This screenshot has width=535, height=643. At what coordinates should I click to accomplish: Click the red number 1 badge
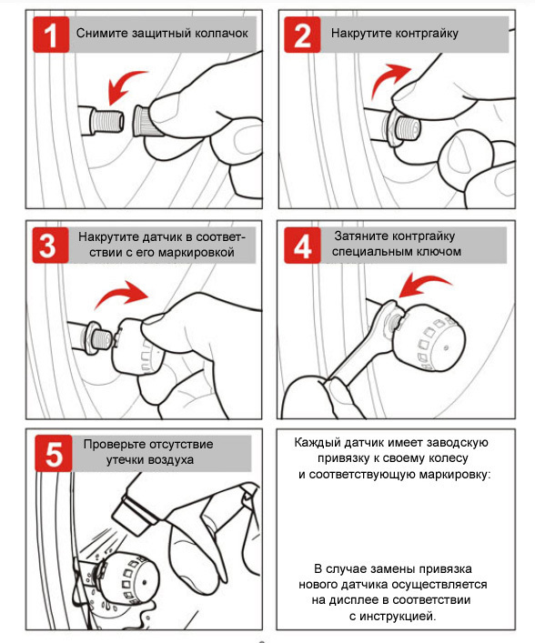51,35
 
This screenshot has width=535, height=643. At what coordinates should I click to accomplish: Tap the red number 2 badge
302,35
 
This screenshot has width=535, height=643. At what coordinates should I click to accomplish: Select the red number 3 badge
50,246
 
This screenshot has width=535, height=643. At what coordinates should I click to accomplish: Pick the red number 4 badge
302,246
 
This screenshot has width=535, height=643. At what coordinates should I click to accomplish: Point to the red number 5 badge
54,453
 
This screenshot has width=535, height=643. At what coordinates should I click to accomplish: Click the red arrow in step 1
122,84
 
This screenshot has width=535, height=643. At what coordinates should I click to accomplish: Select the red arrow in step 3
122,294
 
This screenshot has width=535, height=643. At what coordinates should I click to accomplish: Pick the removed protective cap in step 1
143,120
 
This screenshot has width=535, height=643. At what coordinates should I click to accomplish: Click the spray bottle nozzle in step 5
129,514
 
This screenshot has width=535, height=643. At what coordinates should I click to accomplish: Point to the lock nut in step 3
92,336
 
